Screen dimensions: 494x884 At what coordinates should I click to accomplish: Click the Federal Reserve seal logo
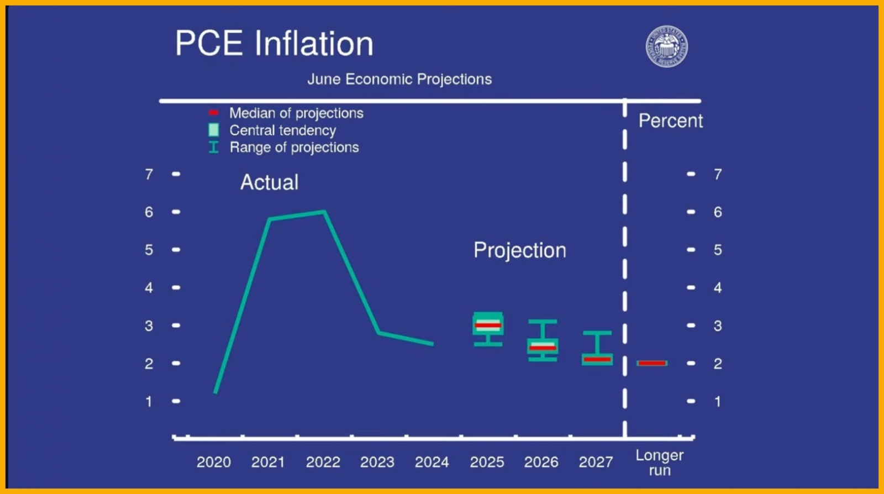click(x=667, y=46)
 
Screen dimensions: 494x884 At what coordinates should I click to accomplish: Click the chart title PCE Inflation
click(x=274, y=44)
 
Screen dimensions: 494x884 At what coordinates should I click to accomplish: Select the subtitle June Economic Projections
click(x=399, y=80)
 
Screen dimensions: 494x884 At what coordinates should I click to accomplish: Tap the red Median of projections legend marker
click(x=213, y=113)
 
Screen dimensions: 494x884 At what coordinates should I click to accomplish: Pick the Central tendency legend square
click(x=213, y=130)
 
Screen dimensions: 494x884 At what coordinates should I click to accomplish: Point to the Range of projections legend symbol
click(x=213, y=147)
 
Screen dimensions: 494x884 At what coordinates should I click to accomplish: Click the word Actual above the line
click(x=269, y=182)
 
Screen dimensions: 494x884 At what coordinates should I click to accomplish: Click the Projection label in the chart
click(x=519, y=250)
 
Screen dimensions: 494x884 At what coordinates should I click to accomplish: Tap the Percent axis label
click(x=670, y=121)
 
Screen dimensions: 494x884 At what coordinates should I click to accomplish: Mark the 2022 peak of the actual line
click(x=324, y=212)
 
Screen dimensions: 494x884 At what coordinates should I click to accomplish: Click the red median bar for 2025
click(x=488, y=325)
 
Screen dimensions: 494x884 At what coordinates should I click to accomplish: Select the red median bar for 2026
click(x=543, y=348)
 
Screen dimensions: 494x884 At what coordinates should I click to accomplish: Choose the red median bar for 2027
click(x=597, y=360)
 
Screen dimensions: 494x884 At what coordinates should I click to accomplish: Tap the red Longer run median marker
click(x=652, y=363)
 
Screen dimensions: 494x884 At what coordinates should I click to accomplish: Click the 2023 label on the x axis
click(x=377, y=462)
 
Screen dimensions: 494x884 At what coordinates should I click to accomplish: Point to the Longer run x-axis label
click(x=660, y=463)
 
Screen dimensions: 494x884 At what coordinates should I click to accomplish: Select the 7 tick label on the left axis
click(x=149, y=175)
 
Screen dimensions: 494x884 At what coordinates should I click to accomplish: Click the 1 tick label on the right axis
click(x=717, y=402)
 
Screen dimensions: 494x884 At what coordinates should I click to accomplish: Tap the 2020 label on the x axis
click(x=214, y=462)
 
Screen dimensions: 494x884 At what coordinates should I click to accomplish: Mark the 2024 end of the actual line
click(x=432, y=344)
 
